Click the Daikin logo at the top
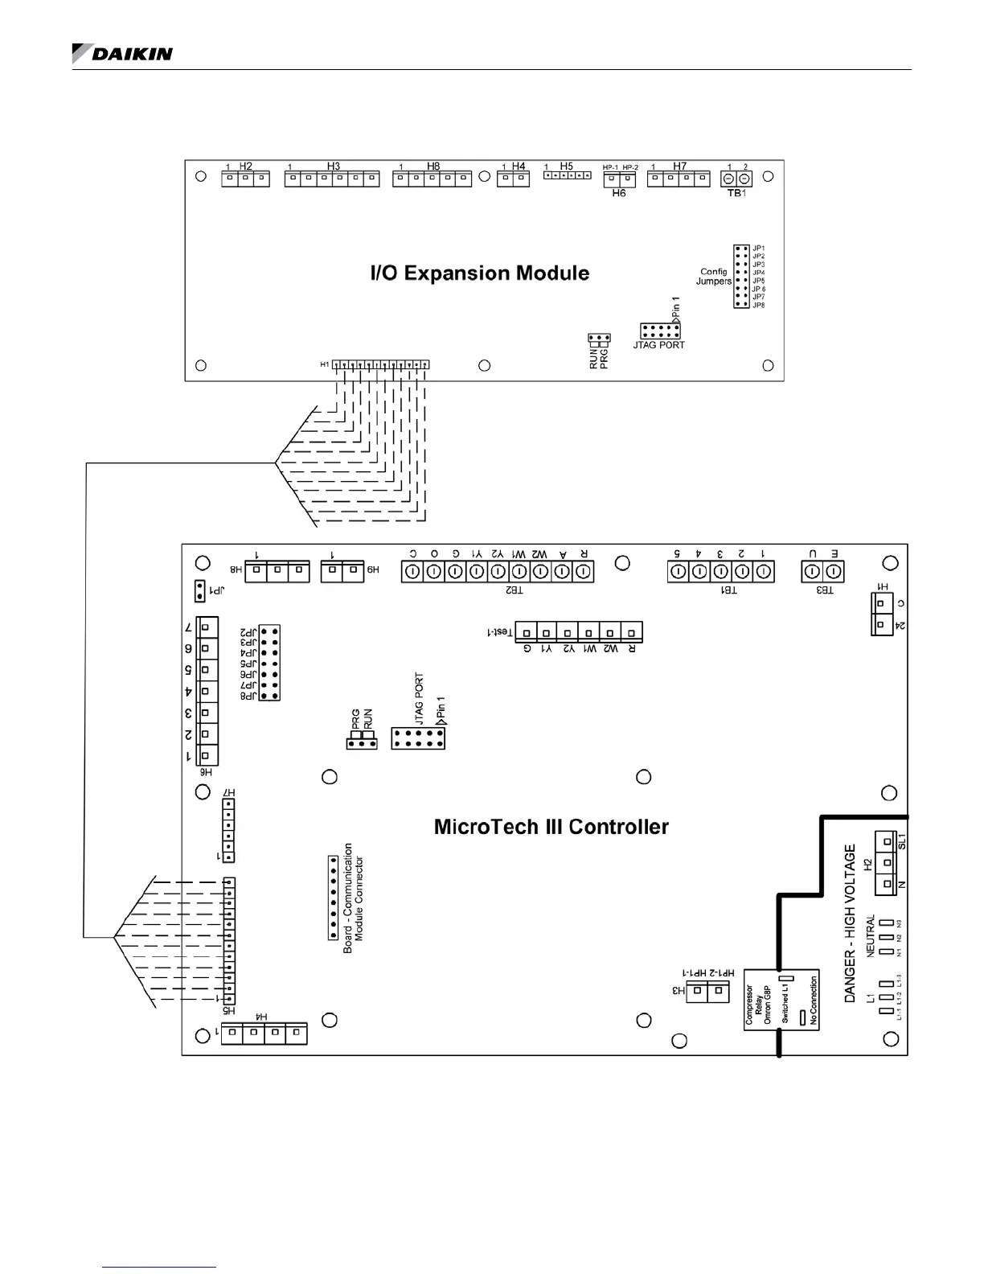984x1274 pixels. point(122,53)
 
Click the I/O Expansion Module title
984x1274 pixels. point(479,273)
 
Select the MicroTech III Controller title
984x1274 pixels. point(551,827)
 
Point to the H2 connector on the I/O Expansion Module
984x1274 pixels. point(245,178)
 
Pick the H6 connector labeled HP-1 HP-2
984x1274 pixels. point(619,179)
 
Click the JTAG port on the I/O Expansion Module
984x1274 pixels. point(660,331)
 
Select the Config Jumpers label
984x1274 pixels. point(714,277)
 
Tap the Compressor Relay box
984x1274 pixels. point(781,1000)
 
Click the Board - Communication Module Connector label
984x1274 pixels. point(354,898)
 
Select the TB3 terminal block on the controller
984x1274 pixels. point(823,572)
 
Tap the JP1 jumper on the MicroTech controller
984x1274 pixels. point(199,592)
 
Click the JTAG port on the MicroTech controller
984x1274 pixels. point(418,738)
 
